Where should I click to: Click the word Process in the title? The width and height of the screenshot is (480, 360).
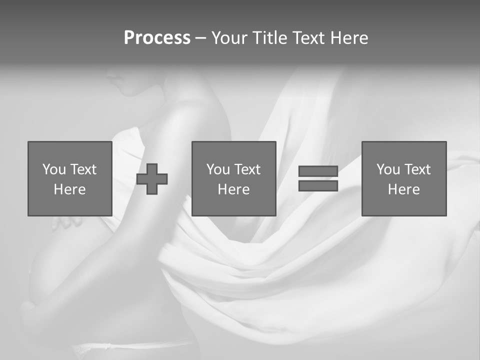coord(157,38)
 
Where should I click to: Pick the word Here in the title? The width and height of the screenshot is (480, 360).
coord(349,38)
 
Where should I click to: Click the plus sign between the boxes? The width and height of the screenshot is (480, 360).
coord(152,179)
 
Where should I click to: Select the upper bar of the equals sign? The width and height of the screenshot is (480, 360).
coord(318,171)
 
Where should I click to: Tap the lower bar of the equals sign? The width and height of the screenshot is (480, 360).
coord(318,186)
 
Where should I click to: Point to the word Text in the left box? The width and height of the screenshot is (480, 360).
coord(83,169)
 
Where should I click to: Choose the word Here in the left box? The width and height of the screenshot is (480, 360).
coord(69,189)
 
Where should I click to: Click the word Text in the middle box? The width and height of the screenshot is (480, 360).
coord(247,169)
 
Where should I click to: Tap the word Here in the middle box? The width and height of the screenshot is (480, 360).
coord(233,189)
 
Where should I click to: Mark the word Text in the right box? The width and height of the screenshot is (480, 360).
coord(417,169)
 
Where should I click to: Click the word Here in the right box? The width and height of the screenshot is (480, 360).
coord(403,189)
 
